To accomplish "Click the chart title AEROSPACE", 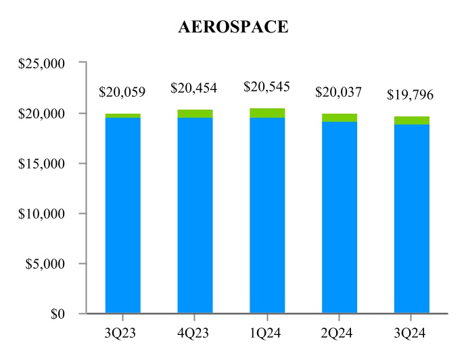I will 233,27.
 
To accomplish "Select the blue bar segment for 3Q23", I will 123,215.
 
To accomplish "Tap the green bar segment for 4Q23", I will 195,114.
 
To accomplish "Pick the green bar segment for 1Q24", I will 267,113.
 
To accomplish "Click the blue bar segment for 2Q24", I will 340,217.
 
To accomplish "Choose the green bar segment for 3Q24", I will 412,120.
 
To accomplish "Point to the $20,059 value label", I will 122,91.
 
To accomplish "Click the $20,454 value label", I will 194,88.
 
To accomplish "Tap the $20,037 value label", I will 339,92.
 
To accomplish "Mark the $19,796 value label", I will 409,95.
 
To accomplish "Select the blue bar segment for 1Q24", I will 267,215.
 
